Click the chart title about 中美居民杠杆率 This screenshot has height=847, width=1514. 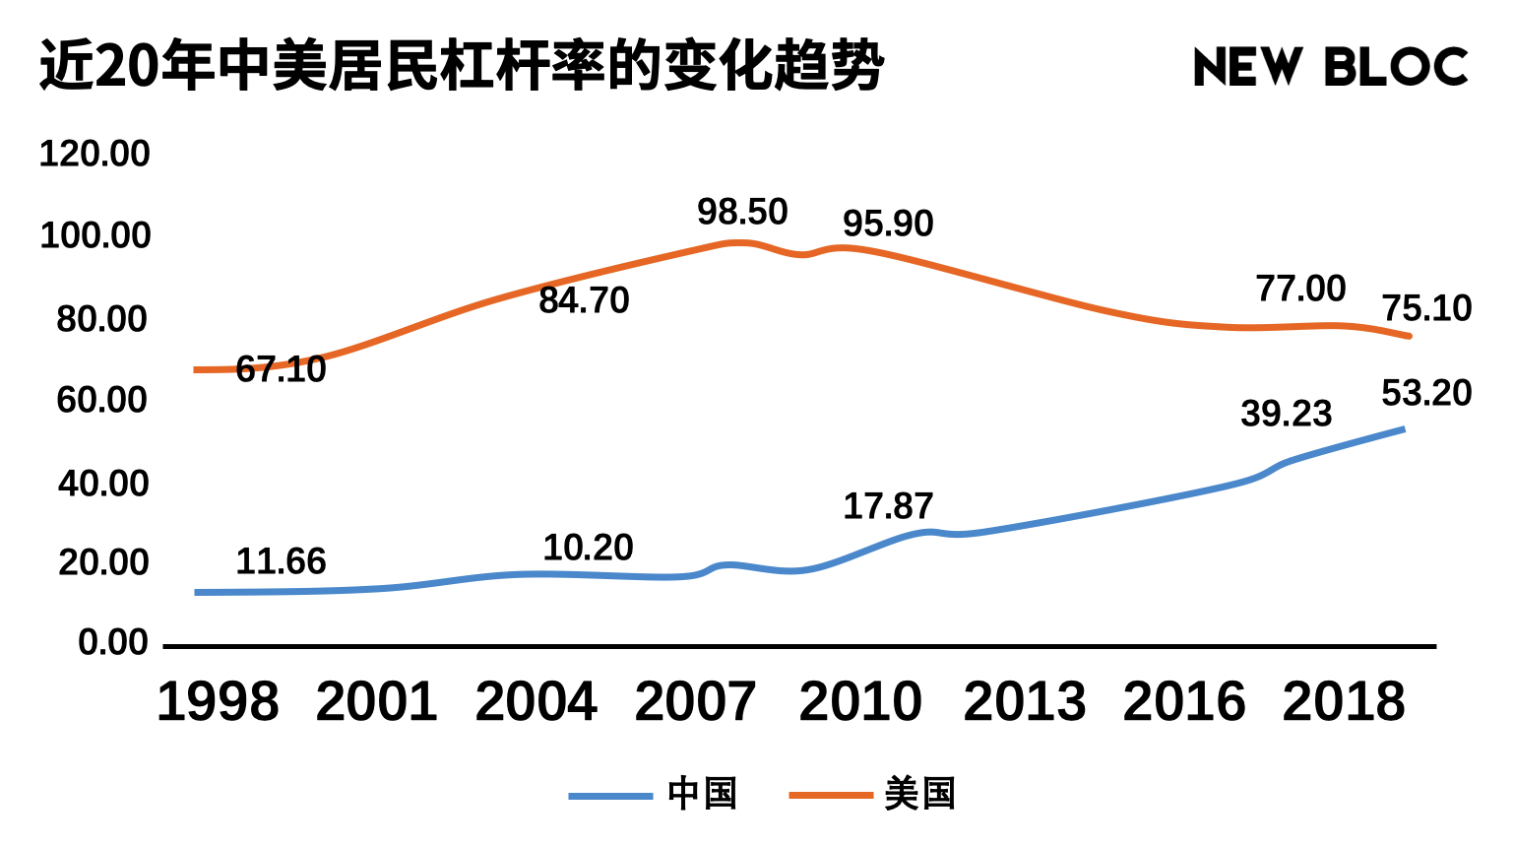[461, 67]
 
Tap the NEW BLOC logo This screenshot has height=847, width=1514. [1330, 67]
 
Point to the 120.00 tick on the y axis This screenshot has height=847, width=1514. [95, 154]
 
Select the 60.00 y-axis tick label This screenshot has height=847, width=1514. [102, 400]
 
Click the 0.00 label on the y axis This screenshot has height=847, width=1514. [113, 643]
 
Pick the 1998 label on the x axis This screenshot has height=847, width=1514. [218, 702]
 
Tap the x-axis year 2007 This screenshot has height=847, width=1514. [695, 702]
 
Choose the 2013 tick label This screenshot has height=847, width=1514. [1024, 702]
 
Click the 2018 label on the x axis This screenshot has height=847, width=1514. [1344, 702]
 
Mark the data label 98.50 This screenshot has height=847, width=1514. [742, 212]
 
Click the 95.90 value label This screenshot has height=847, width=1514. [888, 224]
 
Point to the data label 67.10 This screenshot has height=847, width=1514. [281, 369]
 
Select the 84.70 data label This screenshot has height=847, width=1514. [584, 300]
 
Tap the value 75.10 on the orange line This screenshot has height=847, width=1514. [1426, 308]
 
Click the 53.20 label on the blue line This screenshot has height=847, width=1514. [1426, 393]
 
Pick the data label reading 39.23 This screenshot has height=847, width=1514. [1286, 414]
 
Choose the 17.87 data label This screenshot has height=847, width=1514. [888, 506]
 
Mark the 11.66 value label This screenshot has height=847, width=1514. [281, 561]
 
